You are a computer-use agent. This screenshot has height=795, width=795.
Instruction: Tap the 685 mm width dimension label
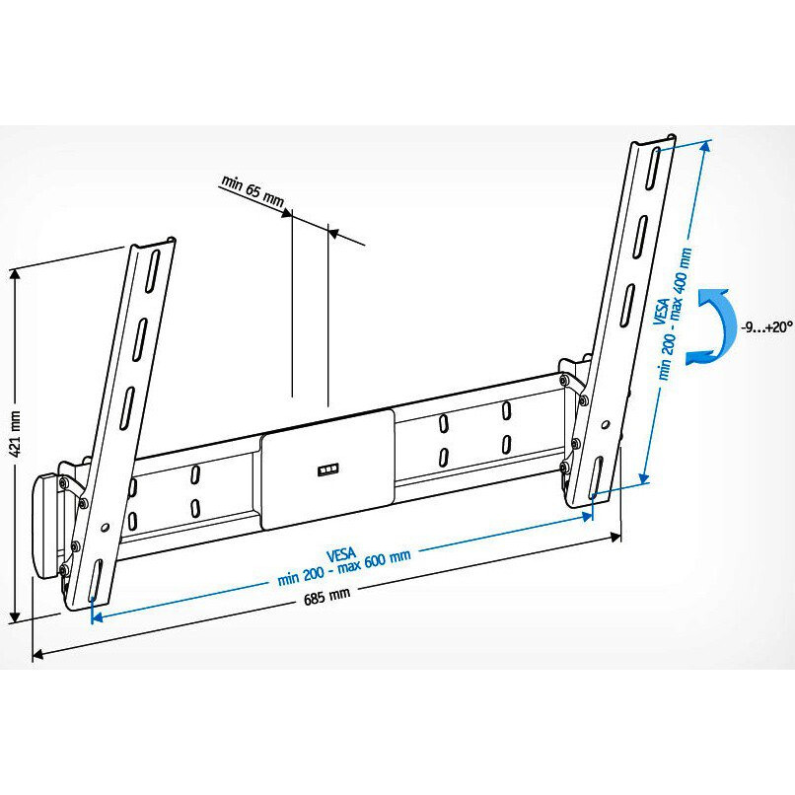[325, 594]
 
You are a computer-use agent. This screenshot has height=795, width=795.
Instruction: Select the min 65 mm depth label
[253, 191]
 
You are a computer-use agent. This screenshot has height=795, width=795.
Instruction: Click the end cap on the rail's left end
[46, 528]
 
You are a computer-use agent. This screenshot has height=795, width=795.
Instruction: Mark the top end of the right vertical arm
[654, 140]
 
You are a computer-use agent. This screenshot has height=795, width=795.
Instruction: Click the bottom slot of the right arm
[595, 478]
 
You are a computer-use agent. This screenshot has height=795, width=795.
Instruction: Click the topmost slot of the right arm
[653, 172]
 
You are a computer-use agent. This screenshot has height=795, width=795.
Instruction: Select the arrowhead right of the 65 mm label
[332, 234]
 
